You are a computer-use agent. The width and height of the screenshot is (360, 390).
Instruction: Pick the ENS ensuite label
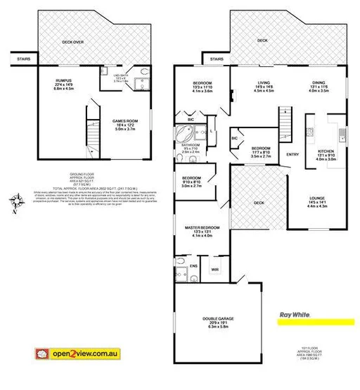tap(193, 265)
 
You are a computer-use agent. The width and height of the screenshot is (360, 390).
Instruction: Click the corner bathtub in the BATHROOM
tap(186, 132)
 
